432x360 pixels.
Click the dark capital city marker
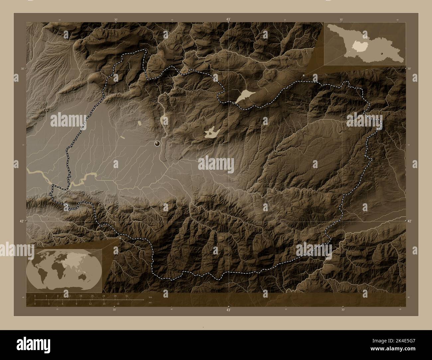(x=157, y=143)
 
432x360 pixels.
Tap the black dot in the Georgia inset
(x=382, y=53)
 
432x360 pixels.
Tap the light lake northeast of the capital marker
(x=212, y=133)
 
